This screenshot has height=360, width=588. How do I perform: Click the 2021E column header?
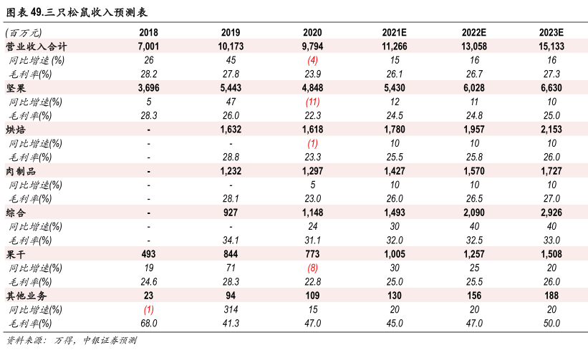tap(395, 33)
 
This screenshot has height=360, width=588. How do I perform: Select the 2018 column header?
tap(149, 33)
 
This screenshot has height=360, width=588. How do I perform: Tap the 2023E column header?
tap(551, 33)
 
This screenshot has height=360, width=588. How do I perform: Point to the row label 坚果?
tap(16, 88)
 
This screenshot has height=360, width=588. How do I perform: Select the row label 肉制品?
tap(20, 171)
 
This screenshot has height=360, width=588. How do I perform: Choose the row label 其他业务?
tap(26, 296)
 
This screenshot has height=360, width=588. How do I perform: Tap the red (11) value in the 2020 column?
tap(312, 102)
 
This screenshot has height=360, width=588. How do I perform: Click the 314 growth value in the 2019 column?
tap(231, 309)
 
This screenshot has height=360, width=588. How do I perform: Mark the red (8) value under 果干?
tap(312, 268)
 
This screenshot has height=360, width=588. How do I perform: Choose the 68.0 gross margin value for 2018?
tap(149, 323)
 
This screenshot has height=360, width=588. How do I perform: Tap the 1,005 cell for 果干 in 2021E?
tap(395, 254)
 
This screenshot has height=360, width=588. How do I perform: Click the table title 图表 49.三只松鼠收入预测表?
tap(78, 11)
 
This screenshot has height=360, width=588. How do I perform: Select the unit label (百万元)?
tap(23, 33)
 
